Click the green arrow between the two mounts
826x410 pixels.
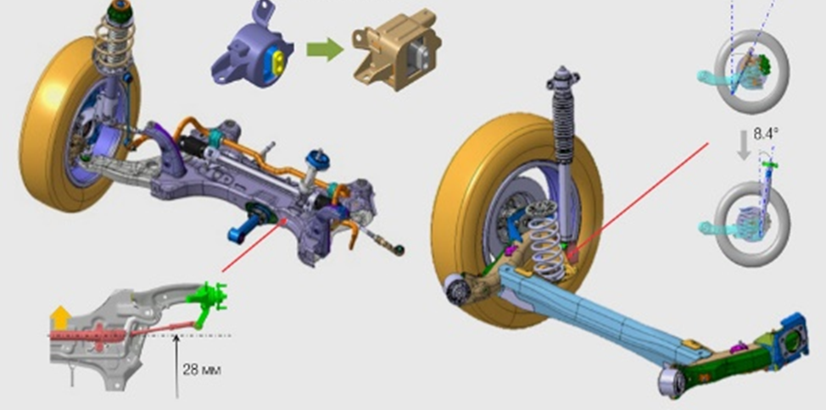tap(325, 49)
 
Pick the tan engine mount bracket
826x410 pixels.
tap(397, 50)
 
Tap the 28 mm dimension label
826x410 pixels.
tap(202, 369)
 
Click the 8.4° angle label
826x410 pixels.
tap(766, 134)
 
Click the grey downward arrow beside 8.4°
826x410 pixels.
tap(744, 145)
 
